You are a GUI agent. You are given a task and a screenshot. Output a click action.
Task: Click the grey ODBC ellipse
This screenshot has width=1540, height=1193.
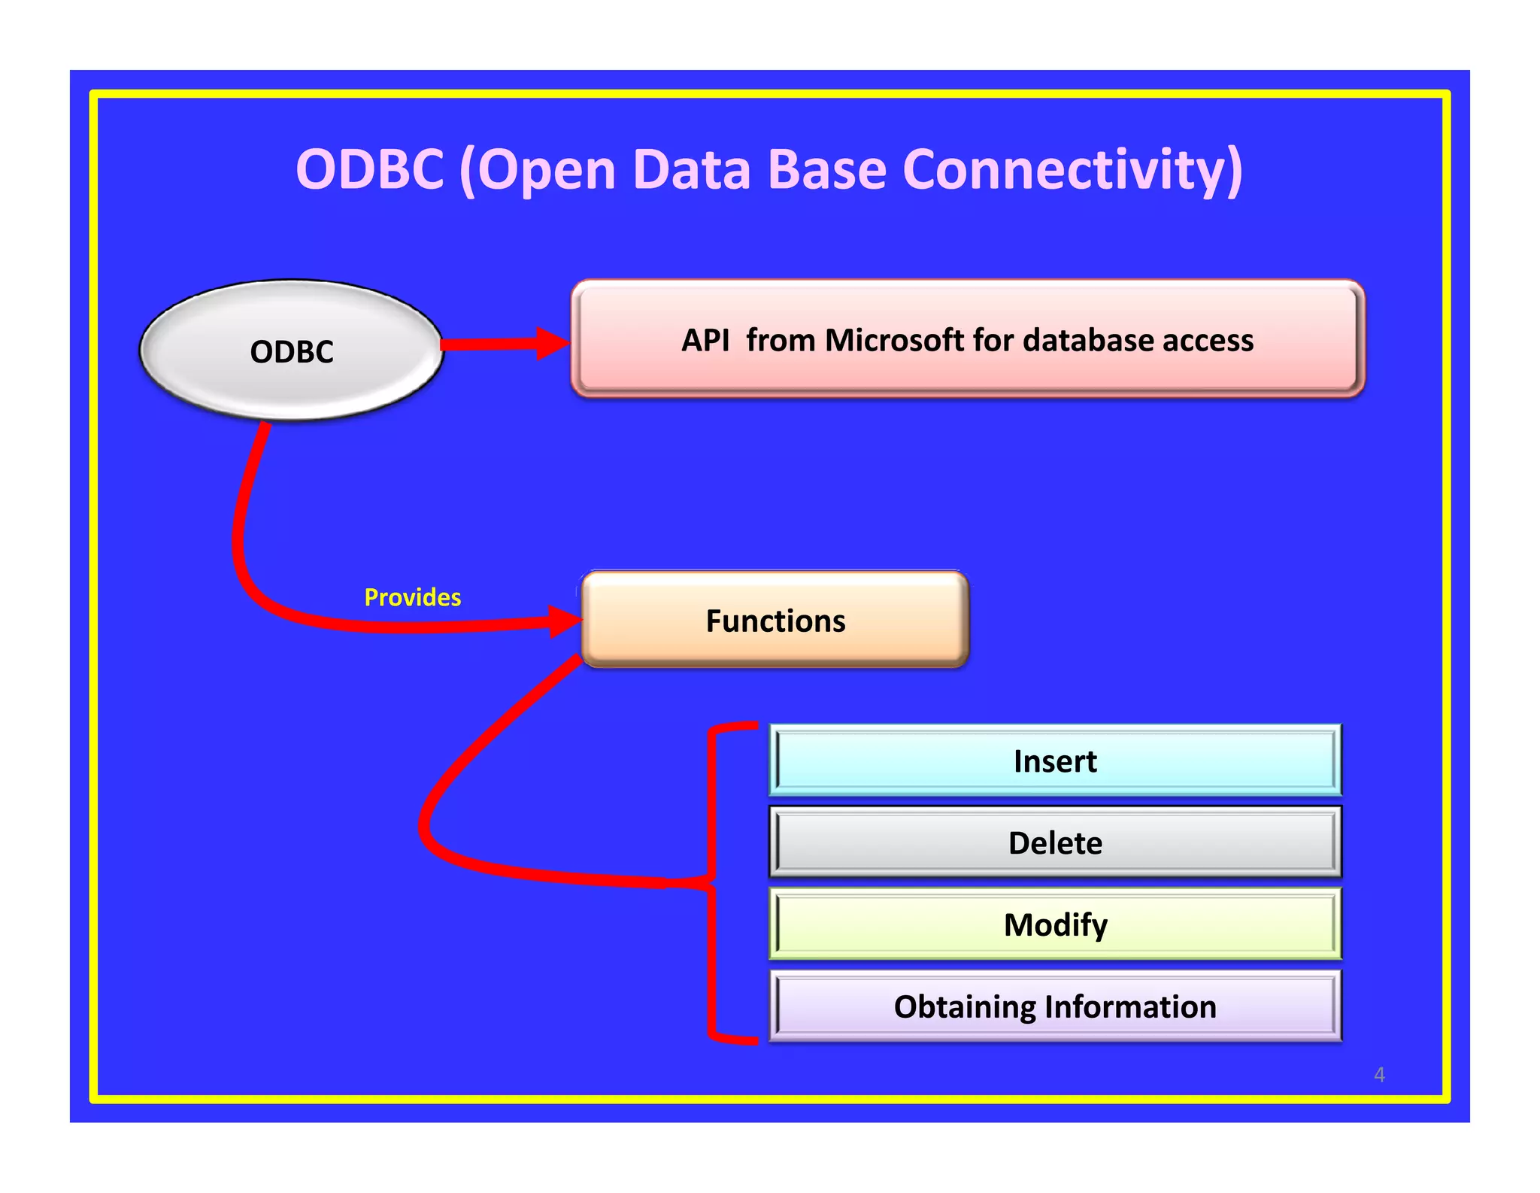tap(292, 350)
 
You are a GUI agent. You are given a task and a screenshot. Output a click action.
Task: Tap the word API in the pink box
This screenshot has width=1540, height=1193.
tap(705, 340)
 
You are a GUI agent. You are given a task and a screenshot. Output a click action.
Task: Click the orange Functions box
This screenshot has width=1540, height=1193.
tap(775, 619)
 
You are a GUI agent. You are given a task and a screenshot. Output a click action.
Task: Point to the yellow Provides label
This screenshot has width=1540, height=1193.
tap(413, 597)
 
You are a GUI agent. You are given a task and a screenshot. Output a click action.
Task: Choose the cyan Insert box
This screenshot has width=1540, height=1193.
tap(1055, 760)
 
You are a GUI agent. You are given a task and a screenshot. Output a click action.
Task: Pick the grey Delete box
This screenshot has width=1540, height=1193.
tap(1055, 842)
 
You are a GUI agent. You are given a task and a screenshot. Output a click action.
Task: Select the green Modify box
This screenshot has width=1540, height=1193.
tap(1055, 924)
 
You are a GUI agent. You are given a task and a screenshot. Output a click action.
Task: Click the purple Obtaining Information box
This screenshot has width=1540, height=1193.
tap(1055, 1006)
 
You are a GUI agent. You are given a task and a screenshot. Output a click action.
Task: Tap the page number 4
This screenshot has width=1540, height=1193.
tap(1379, 1074)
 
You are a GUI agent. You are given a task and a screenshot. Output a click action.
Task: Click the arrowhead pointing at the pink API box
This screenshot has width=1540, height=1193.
tap(553, 344)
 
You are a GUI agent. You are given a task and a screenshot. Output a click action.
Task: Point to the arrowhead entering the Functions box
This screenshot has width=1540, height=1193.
tap(565, 621)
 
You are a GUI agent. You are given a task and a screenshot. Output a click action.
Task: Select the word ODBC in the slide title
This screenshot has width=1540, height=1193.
tap(370, 168)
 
